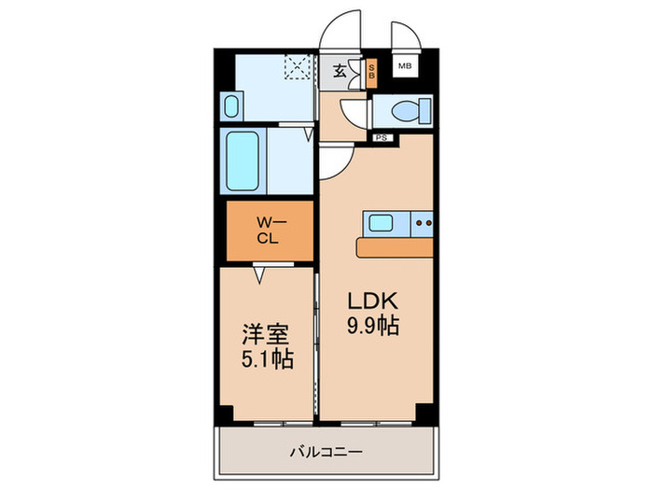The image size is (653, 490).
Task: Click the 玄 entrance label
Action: tap(340, 70)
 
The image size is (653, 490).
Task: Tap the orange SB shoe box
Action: tap(370, 72)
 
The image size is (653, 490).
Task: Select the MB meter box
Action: tap(405, 66)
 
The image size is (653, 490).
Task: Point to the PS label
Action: tap(381, 138)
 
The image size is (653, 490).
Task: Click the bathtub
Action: tap(244, 161)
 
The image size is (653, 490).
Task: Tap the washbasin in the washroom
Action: tap(231, 105)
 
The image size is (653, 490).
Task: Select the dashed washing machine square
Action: tap(298, 68)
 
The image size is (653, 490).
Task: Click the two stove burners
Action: tap(423, 223)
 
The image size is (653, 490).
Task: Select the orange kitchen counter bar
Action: tap(395, 247)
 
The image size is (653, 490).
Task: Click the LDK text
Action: tap(373, 301)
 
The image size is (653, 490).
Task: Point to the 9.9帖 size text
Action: tap(373, 327)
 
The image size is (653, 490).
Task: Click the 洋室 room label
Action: tap(265, 333)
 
